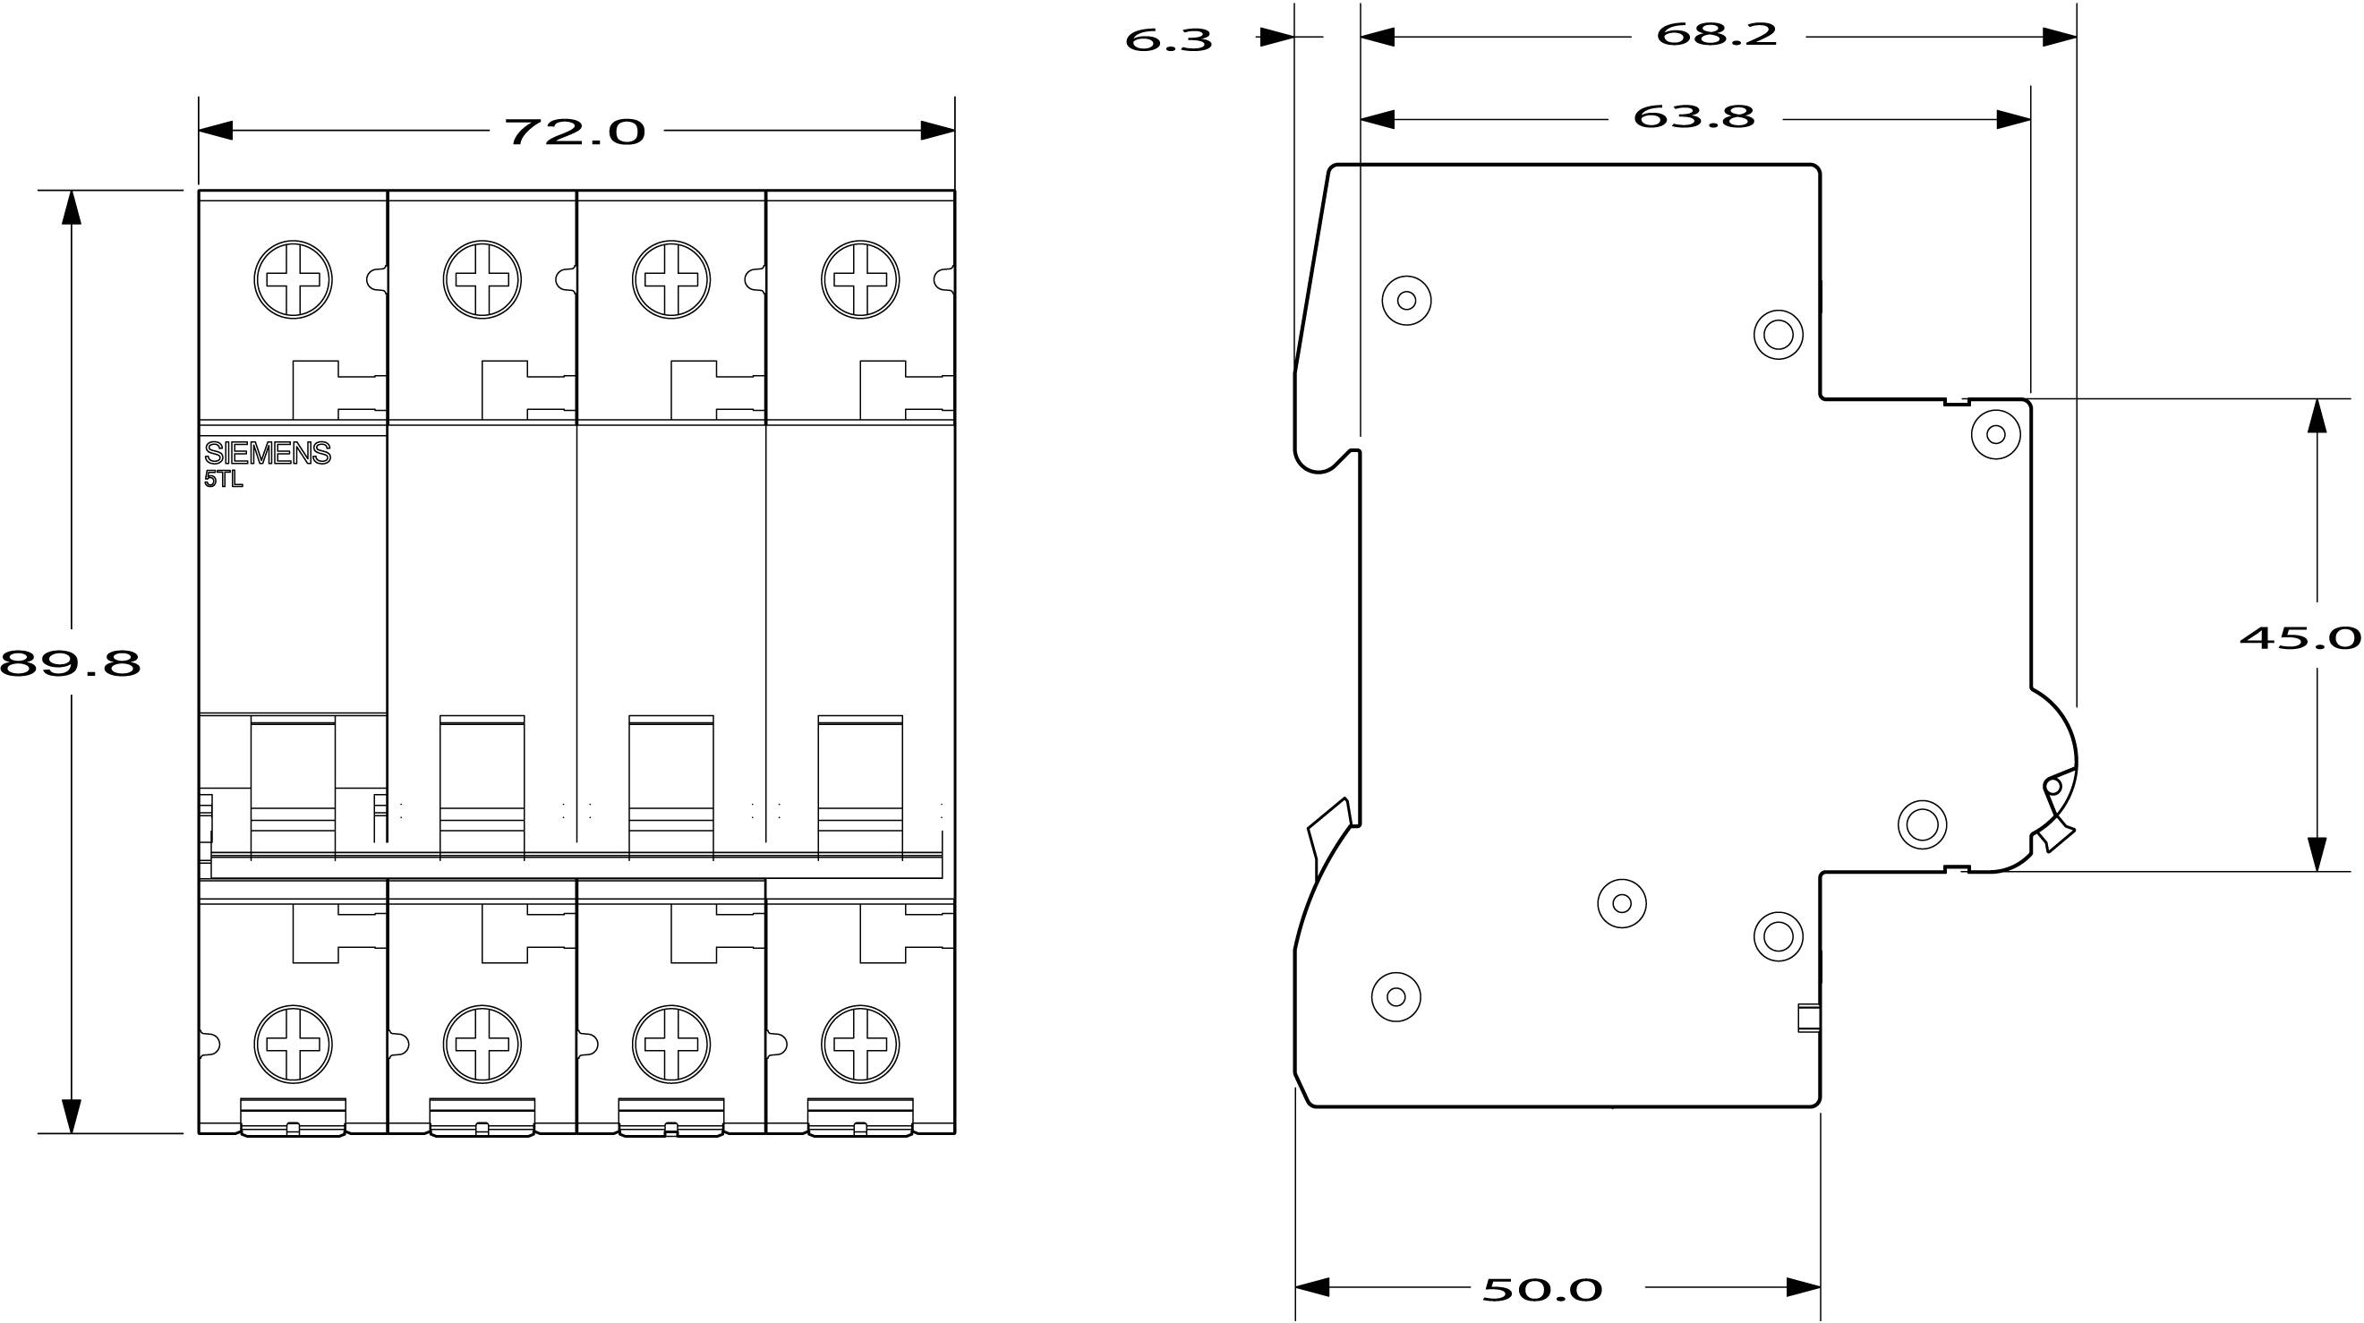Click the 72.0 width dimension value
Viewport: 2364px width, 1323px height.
coord(576,132)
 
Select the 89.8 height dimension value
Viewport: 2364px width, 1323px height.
coord(71,662)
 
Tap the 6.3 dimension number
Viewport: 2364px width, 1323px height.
coord(1168,40)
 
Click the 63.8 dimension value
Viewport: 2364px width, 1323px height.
coord(1694,116)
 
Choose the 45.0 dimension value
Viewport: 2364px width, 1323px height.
coord(2300,636)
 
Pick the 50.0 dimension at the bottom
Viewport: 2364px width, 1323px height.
coord(1542,1289)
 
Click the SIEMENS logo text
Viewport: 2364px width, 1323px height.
coord(267,453)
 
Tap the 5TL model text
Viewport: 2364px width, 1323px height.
coord(223,479)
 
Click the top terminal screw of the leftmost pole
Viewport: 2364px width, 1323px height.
coord(294,280)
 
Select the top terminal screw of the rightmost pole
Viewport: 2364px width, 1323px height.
coord(860,280)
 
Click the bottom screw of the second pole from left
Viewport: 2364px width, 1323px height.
coord(482,1044)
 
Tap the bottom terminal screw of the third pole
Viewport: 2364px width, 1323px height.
coord(670,1044)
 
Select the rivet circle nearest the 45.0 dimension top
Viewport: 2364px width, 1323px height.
coord(1995,434)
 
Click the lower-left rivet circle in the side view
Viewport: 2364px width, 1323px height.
coord(1395,995)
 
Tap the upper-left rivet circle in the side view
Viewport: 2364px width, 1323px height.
coord(1406,300)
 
